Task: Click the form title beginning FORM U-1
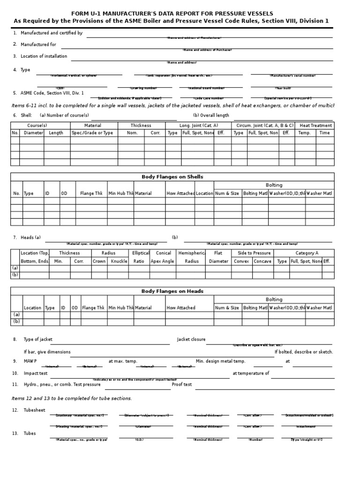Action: [172, 14]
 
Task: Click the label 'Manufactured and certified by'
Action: [52, 33]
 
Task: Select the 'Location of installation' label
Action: [44, 56]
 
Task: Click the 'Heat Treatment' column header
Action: [315, 126]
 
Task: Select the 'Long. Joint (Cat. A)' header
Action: [199, 126]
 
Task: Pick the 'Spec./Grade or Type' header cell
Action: [92, 133]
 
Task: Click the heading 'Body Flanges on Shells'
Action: [172, 177]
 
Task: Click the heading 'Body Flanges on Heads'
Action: [172, 291]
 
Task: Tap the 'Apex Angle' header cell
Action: [162, 262]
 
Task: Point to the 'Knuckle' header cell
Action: [119, 262]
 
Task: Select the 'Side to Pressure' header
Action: [254, 253]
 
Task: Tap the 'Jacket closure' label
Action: [191, 339]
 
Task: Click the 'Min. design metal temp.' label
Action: [220, 361]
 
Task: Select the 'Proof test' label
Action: [182, 384]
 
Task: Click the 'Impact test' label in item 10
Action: [36, 373]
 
